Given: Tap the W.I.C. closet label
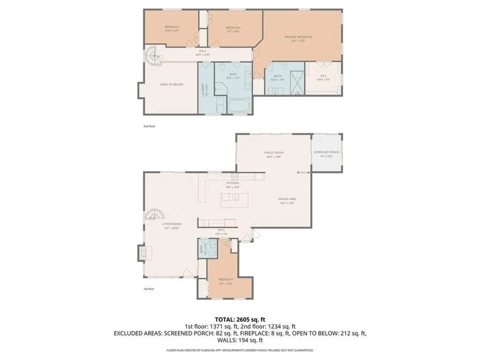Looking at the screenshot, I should (321, 78).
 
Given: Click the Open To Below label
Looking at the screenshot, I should (172, 84).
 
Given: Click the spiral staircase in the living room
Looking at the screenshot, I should (154, 215).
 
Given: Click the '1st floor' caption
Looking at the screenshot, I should (149, 289).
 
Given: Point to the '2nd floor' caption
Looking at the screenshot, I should (149, 127).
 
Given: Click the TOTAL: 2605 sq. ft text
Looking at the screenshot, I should (240, 320).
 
